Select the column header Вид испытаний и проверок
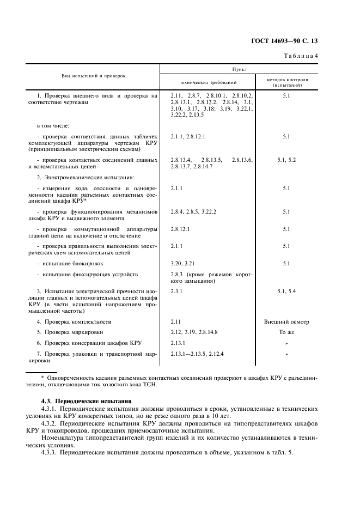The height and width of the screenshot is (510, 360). (93, 76)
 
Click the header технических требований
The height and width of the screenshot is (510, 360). (208, 82)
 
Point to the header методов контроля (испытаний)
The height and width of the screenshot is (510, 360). (287, 82)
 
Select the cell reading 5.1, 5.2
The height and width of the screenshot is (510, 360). (286, 160)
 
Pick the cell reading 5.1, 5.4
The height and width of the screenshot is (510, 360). (286, 292)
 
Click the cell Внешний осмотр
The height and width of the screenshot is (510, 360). (286, 321)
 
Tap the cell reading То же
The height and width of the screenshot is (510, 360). (286, 332)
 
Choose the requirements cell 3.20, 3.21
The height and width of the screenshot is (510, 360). (182, 263)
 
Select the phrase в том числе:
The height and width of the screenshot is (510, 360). (49, 126)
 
